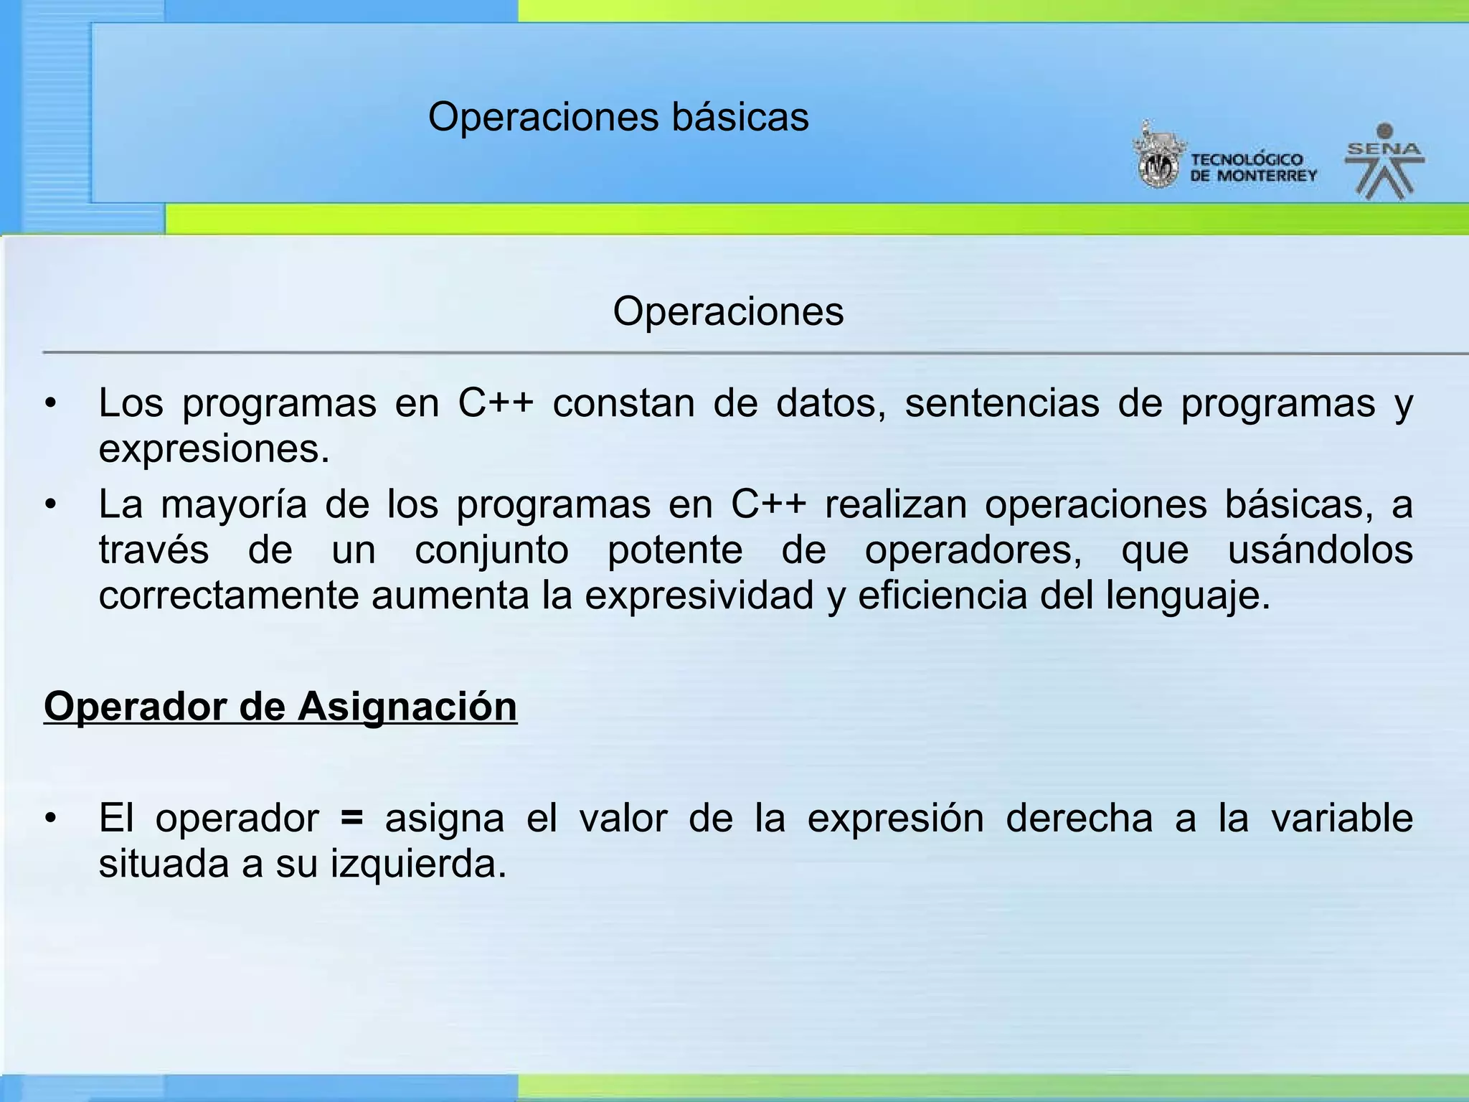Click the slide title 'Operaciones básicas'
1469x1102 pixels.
pyautogui.click(x=618, y=117)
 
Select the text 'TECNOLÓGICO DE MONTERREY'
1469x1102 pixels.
pyautogui.click(x=1253, y=168)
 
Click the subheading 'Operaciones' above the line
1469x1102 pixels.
pyautogui.click(x=728, y=311)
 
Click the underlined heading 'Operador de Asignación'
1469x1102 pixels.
pyautogui.click(x=280, y=707)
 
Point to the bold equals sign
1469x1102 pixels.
pyautogui.click(x=351, y=818)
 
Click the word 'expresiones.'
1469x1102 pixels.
pyautogui.click(x=214, y=450)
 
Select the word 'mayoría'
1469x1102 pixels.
pyautogui.click(x=234, y=505)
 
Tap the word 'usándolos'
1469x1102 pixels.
pyautogui.click(x=1320, y=550)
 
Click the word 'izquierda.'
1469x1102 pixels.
pyautogui.click(x=418, y=864)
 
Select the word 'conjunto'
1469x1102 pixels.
pyautogui.click(x=491, y=550)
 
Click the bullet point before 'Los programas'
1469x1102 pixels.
pyautogui.click(x=49, y=404)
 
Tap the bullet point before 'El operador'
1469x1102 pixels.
pyautogui.click(x=49, y=819)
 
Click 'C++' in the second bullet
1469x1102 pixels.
pyautogui.click(x=768, y=504)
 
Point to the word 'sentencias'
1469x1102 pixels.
pyautogui.click(x=1001, y=403)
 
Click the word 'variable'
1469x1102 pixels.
pyautogui.click(x=1341, y=818)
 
